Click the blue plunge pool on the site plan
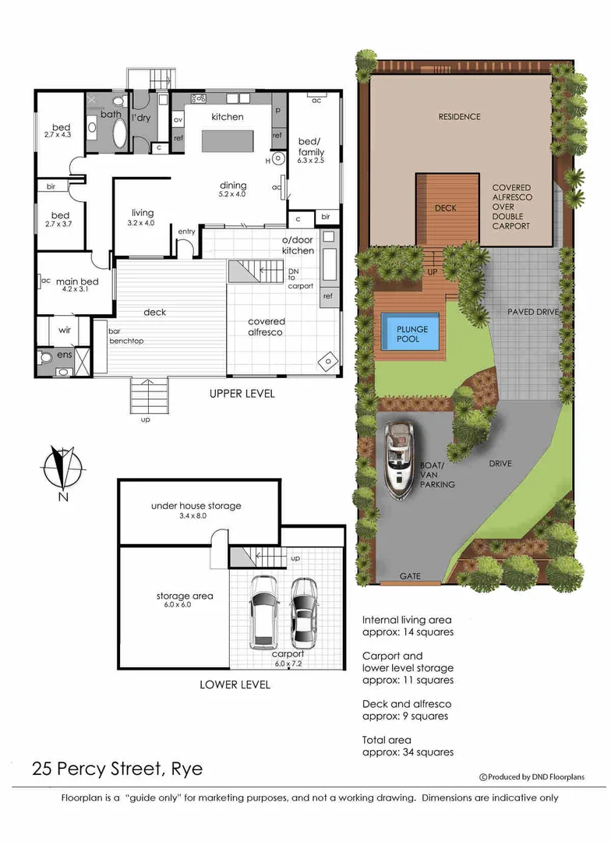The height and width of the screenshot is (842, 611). click(408, 334)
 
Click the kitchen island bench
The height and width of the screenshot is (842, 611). click(228, 141)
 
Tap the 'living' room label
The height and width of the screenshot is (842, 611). click(143, 213)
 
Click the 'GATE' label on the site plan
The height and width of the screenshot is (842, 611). click(410, 576)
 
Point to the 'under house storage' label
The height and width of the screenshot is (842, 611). click(196, 506)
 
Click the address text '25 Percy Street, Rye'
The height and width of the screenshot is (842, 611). click(117, 769)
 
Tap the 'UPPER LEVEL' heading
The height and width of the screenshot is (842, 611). click(242, 394)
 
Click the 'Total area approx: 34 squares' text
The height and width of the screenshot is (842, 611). click(408, 746)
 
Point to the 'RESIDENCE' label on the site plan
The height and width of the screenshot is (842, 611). click(459, 117)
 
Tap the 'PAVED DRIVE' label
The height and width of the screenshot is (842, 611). click(533, 312)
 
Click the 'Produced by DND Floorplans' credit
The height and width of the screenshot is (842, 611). click(532, 777)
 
